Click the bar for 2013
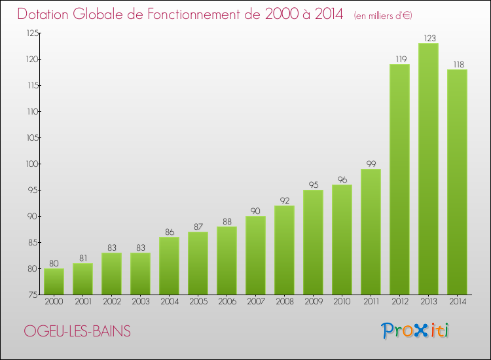pyautogui.click(x=428, y=169)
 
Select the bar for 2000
pyautogui.click(x=54, y=281)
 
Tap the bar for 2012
pyautogui.click(x=399, y=179)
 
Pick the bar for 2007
pyautogui.click(x=255, y=255)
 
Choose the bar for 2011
pyautogui.click(x=371, y=232)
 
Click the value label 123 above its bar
pyautogui.click(x=428, y=39)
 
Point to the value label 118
pyautogui.click(x=457, y=65)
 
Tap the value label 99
pyautogui.click(x=371, y=164)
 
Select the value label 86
pyautogui.click(x=169, y=232)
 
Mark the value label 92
pyautogui.click(x=284, y=201)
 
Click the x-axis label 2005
pyautogui.click(x=198, y=302)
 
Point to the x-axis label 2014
pyautogui.click(x=457, y=302)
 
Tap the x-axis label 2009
pyautogui.click(x=313, y=302)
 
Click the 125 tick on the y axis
pyautogui.click(x=32, y=33)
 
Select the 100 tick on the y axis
pyautogui.click(x=32, y=164)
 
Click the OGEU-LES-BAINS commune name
pyautogui.click(x=77, y=331)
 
